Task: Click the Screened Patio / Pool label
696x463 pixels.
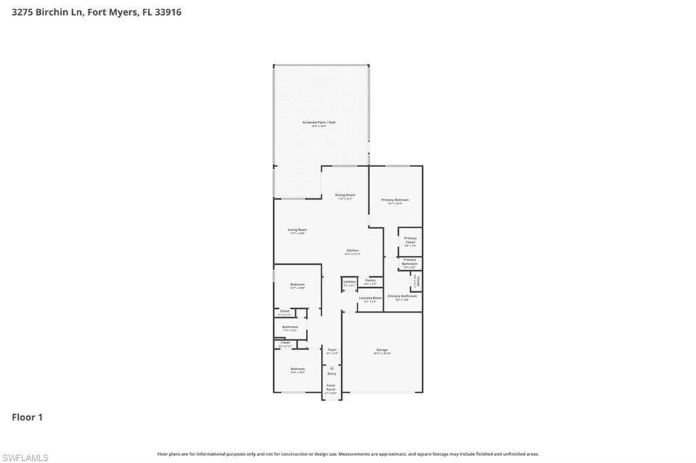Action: click(x=319, y=123)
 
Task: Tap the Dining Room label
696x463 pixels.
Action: click(x=345, y=196)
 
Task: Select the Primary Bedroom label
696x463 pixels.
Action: click(x=395, y=200)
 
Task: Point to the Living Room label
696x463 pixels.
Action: click(x=297, y=230)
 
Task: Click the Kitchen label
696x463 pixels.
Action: click(x=351, y=251)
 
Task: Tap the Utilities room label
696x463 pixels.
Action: click(x=349, y=282)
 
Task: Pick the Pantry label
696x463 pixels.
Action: click(x=370, y=280)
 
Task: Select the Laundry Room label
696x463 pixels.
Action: click(x=370, y=298)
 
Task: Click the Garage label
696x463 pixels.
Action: click(x=382, y=350)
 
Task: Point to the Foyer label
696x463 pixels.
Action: click(x=332, y=350)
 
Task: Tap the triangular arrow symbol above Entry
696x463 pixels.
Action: click(x=332, y=368)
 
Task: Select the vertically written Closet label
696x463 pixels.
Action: click(x=419, y=280)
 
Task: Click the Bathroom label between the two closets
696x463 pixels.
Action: click(x=290, y=327)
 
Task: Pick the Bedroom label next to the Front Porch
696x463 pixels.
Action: click(x=297, y=369)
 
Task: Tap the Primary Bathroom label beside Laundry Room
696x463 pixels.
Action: click(x=402, y=296)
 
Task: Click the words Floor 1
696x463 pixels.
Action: click(x=27, y=418)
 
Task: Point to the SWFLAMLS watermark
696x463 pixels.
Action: click(x=25, y=458)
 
